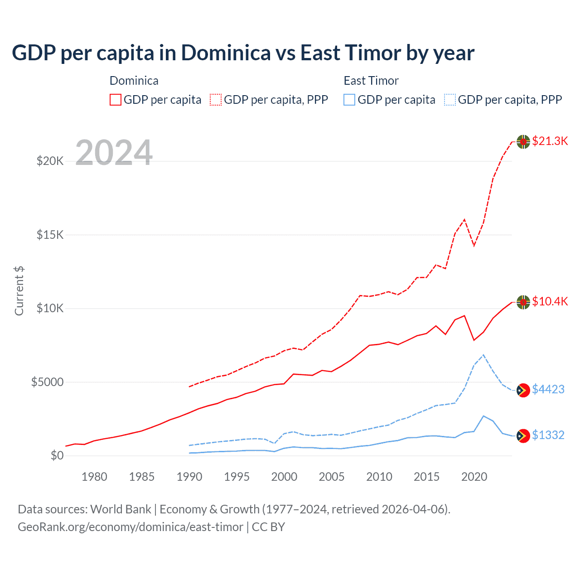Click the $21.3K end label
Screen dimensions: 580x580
pos(550,141)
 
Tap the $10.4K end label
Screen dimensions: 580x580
pos(550,301)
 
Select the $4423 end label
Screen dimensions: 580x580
pos(548,389)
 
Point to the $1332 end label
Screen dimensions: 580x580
pos(548,435)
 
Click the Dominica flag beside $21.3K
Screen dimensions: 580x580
pos(523,142)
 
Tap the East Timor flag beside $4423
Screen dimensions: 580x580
pos(523,390)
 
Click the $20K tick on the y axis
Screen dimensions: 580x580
pos(50,161)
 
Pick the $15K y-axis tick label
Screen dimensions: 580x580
pos(50,235)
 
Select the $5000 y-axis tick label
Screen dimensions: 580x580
pos(47,382)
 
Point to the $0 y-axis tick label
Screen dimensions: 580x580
pos(57,455)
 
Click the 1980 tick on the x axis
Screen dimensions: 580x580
pos(94,477)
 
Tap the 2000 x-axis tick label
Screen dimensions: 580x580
pos(284,477)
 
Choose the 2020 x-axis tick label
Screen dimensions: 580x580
pos(474,477)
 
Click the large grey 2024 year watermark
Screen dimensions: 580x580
pos(114,152)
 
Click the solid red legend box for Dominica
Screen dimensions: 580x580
pos(116,100)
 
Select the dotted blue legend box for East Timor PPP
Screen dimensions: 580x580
pos(450,100)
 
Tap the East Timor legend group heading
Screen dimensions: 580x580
pos(371,81)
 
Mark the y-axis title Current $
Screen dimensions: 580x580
pos(19,291)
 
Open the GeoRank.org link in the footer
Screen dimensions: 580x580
pos(130,527)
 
